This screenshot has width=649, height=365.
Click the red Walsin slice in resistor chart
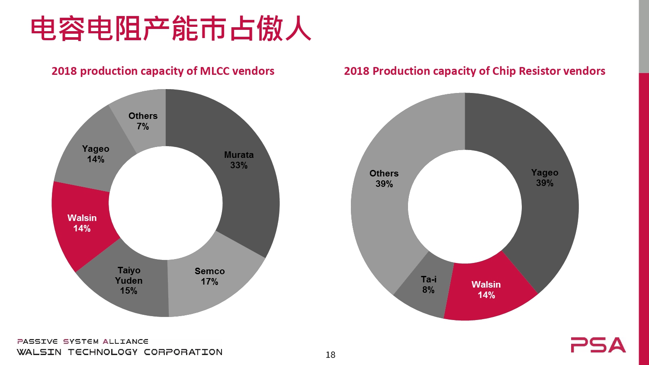click(x=486, y=290)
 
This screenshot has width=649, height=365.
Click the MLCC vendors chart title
click(x=163, y=71)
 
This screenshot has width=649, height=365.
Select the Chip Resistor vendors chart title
click(x=474, y=71)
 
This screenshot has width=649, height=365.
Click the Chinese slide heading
click(x=170, y=29)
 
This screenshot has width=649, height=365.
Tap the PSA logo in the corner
click(x=598, y=345)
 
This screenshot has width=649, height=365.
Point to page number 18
click(x=331, y=355)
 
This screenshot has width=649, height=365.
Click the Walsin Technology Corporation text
click(x=119, y=352)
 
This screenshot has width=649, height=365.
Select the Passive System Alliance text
click(x=83, y=342)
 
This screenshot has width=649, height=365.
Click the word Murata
click(x=239, y=155)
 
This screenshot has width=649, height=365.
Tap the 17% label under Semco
click(x=209, y=282)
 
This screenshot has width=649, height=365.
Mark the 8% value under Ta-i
click(x=428, y=290)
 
